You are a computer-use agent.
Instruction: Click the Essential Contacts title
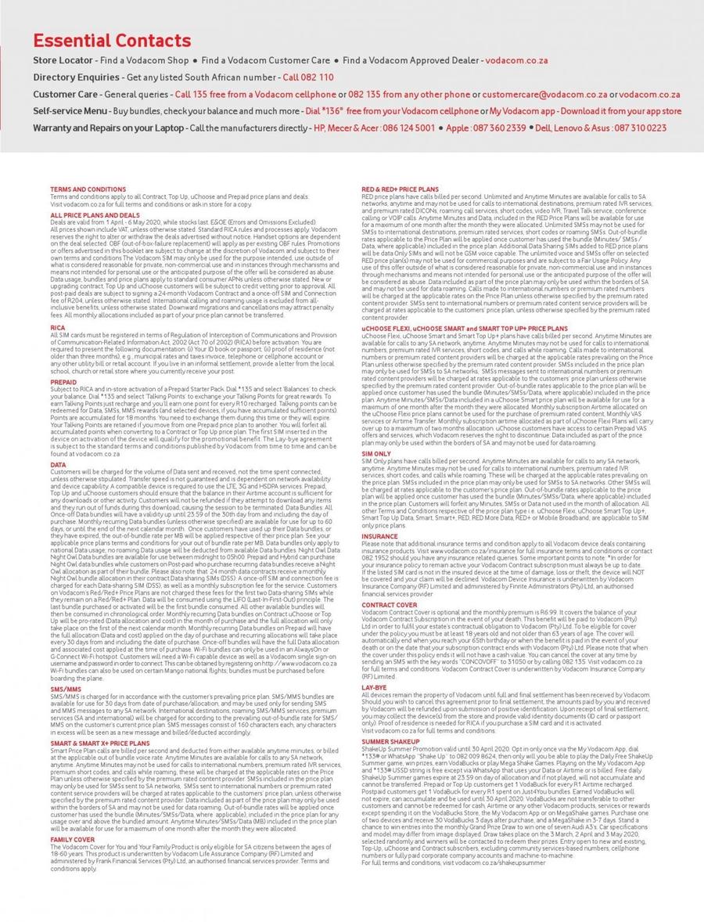(112, 41)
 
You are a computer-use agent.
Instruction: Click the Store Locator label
(64, 60)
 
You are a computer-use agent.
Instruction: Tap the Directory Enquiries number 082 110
(308, 77)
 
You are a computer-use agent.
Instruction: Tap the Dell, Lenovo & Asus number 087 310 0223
(630, 128)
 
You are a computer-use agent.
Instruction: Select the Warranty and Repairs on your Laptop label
(108, 128)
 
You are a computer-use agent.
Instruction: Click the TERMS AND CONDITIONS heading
(88, 189)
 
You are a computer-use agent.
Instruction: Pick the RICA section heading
(58, 327)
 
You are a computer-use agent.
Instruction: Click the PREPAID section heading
(63, 382)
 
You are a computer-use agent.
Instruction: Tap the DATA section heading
(58, 465)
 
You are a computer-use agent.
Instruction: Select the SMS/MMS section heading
(65, 689)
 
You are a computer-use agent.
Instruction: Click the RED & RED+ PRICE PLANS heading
(400, 189)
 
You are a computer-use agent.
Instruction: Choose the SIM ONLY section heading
(376, 453)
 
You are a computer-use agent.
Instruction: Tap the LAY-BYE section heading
(375, 686)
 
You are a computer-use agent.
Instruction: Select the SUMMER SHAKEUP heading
(390, 740)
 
